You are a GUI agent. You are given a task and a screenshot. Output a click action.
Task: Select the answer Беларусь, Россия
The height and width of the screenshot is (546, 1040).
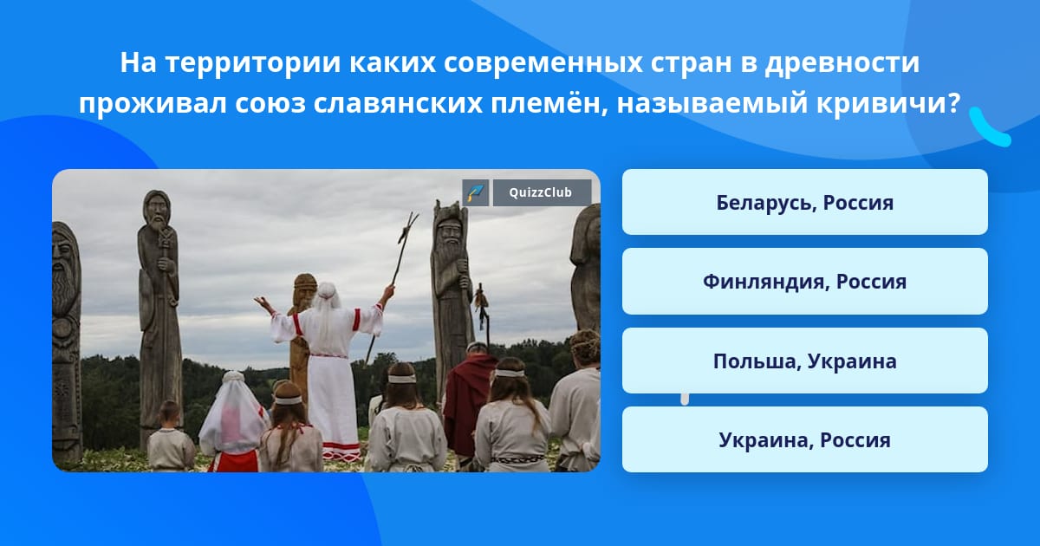(804, 202)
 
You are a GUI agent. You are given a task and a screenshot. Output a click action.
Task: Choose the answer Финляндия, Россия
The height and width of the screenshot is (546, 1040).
(804, 282)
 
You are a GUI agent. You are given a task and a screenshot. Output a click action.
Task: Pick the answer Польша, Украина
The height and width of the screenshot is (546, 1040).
(804, 361)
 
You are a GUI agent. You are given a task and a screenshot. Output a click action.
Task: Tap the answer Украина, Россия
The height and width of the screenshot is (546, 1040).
(804, 439)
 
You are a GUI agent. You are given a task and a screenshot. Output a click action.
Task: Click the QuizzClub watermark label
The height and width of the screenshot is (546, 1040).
(542, 192)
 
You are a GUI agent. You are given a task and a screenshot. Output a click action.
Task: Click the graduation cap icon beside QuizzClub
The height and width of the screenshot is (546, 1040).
(475, 192)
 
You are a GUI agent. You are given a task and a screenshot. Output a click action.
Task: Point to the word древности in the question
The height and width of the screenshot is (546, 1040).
(842, 62)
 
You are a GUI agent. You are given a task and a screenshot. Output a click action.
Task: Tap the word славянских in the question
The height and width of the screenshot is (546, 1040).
(398, 103)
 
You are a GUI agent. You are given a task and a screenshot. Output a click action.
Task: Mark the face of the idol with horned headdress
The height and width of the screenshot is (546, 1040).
(449, 231)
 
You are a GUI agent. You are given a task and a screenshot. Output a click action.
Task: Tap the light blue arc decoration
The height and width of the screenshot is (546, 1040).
(989, 129)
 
